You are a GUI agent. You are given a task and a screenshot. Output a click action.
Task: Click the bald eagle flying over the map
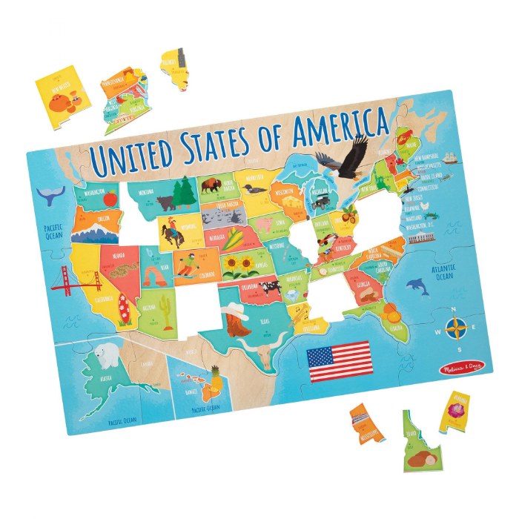pos(342,156)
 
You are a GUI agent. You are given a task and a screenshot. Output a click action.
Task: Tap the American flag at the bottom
pos(339,360)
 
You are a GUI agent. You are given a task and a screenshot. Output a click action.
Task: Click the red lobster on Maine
pos(404,135)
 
